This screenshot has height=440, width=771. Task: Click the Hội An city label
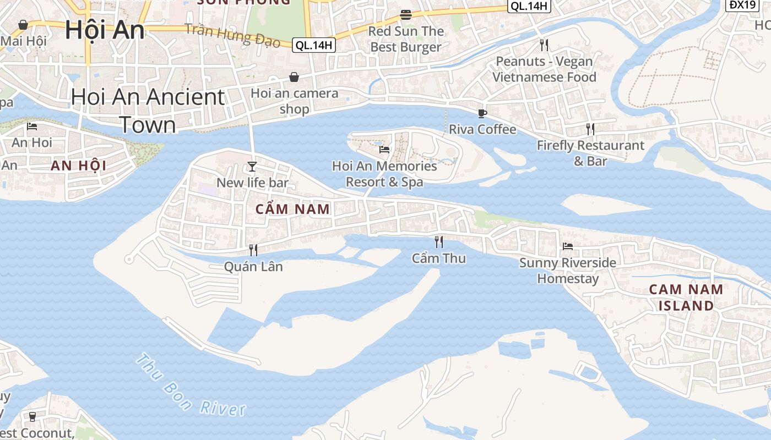click(x=105, y=30)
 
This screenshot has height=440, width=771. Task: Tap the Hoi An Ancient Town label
click(x=148, y=111)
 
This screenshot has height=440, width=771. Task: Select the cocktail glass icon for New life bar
click(x=252, y=166)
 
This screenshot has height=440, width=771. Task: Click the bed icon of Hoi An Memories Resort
click(x=384, y=149)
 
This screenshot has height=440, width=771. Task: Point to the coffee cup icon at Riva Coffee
click(x=482, y=113)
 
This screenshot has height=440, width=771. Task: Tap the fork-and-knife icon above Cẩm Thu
click(x=439, y=241)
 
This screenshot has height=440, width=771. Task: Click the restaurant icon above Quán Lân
click(x=253, y=250)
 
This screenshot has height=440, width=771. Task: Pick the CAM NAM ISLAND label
click(x=686, y=297)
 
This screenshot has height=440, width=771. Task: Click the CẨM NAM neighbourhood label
click(x=292, y=209)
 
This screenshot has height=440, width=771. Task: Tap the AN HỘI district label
click(x=78, y=165)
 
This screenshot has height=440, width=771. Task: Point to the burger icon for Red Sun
click(x=406, y=14)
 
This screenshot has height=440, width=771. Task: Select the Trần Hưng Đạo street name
click(x=233, y=35)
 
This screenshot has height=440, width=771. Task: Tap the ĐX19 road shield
click(x=742, y=5)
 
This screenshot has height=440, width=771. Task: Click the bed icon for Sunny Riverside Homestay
click(x=567, y=246)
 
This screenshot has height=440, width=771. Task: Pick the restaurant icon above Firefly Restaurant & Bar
click(x=590, y=129)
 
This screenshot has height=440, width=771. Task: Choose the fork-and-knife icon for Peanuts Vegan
click(x=544, y=45)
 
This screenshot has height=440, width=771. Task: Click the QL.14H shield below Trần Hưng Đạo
click(x=313, y=46)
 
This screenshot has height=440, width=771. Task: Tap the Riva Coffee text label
click(x=482, y=129)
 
